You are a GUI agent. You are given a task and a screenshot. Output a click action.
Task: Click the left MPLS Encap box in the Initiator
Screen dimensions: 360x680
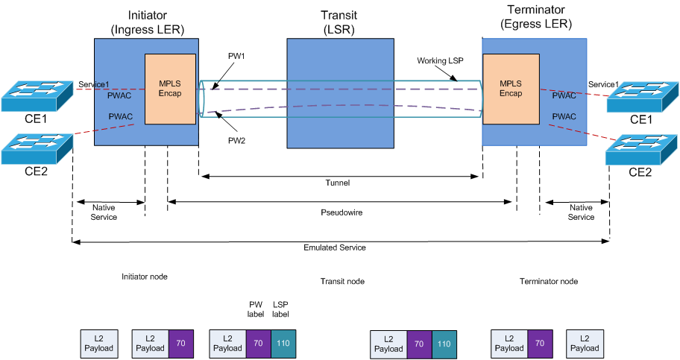(170, 89)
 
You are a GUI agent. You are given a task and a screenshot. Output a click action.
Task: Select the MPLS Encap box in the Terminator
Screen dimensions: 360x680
(511, 89)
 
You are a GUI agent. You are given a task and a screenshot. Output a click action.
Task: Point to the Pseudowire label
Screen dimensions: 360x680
(340, 211)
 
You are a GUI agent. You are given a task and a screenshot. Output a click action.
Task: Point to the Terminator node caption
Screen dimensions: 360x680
(548, 282)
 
